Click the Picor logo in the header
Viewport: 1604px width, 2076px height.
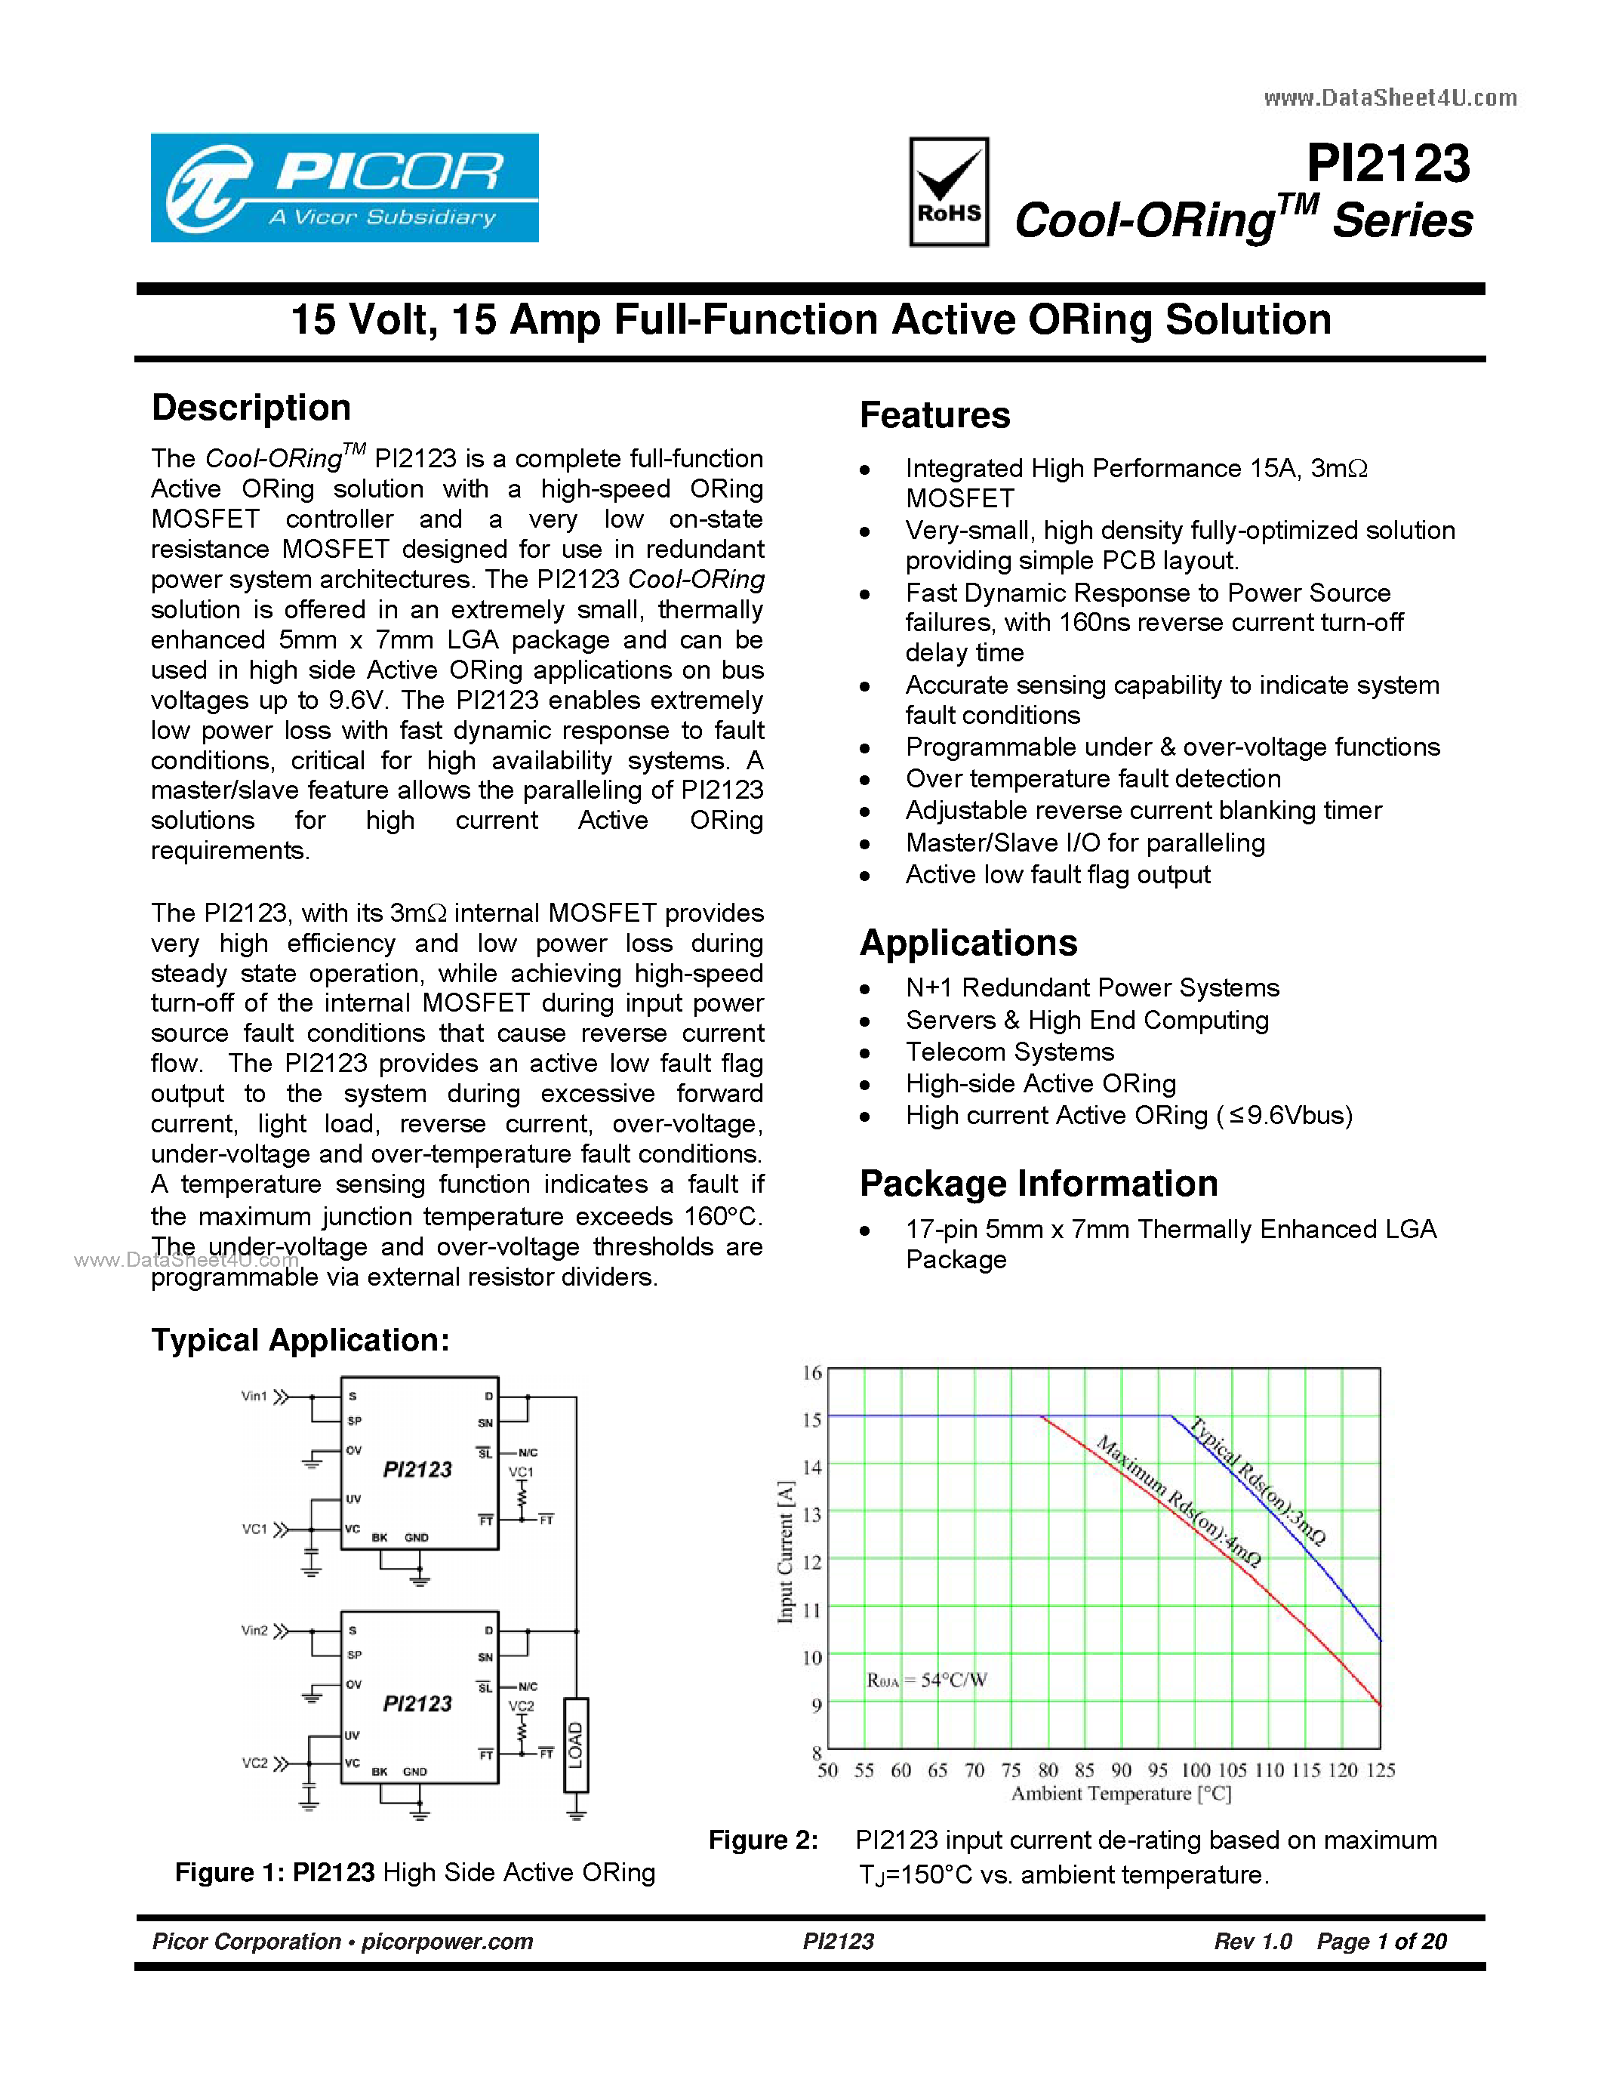(x=344, y=187)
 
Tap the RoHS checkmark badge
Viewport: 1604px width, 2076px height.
(x=948, y=192)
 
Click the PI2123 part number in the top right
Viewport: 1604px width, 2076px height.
(x=1387, y=164)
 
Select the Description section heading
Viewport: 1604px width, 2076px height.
(x=251, y=408)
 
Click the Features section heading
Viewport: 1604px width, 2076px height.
(x=934, y=415)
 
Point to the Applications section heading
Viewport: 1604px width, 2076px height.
(x=968, y=943)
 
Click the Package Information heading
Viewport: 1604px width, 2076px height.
(x=1038, y=1184)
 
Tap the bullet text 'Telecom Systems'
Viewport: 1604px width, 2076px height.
(x=1009, y=1052)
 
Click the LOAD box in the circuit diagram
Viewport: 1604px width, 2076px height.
(x=576, y=1745)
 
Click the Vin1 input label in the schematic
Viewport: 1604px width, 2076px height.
(x=254, y=1397)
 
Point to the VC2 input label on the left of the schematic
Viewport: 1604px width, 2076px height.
(x=254, y=1763)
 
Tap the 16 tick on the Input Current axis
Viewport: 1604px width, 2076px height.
(x=811, y=1372)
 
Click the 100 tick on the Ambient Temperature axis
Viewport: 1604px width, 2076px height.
(x=1196, y=1770)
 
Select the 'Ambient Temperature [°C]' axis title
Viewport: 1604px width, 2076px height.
(x=1120, y=1794)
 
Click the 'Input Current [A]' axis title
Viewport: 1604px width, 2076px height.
(x=785, y=1551)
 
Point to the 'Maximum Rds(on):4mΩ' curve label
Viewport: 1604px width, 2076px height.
(x=1178, y=1501)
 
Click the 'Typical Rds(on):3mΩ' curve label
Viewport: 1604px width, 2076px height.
(x=1258, y=1481)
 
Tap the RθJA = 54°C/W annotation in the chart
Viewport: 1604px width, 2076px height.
(x=926, y=1680)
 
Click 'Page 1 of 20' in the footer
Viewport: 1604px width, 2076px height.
(x=1381, y=1941)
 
